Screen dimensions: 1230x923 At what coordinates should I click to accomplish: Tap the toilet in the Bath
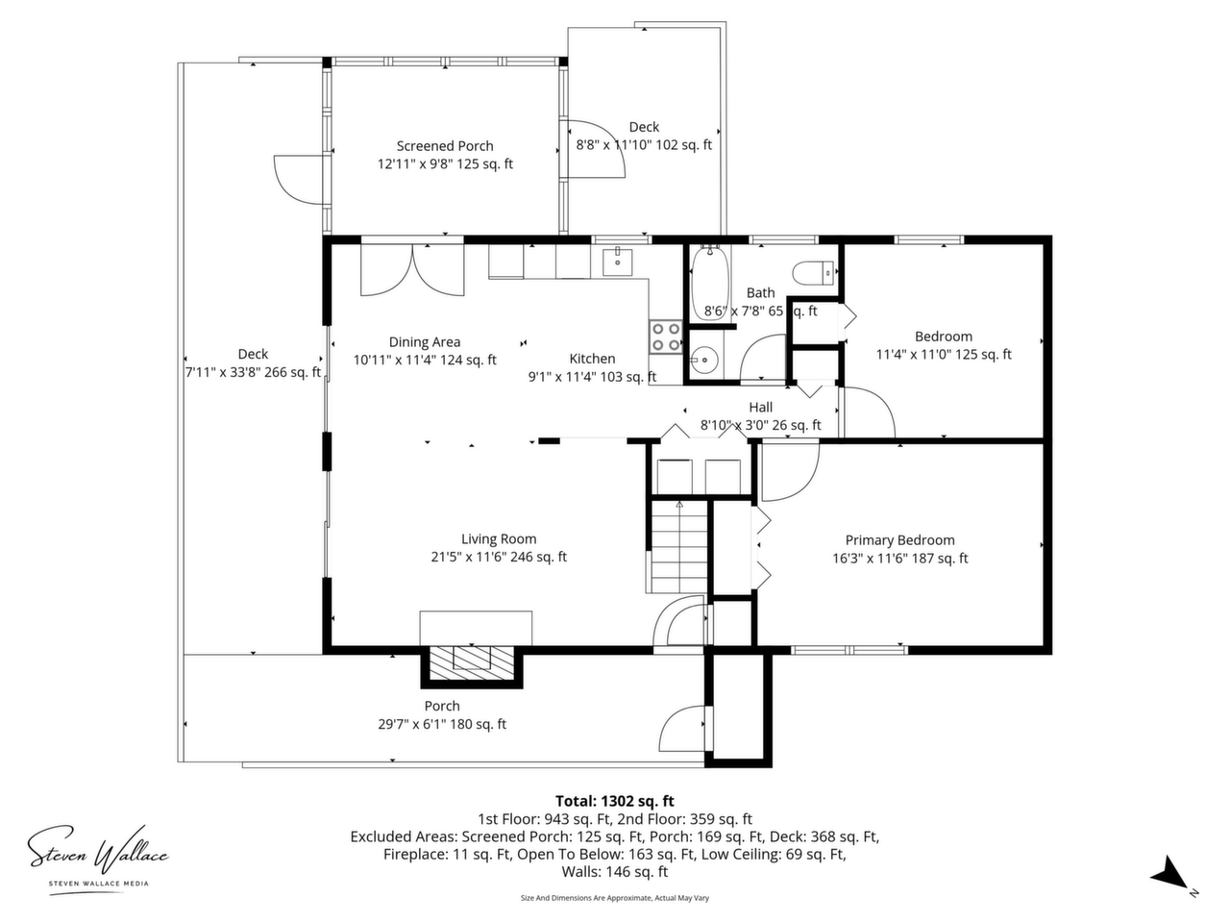pos(813,273)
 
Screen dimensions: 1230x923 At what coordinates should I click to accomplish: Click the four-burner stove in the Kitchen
pos(666,337)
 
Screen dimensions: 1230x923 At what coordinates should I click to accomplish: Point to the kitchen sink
pos(617,262)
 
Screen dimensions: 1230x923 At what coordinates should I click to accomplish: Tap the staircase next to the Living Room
pos(679,546)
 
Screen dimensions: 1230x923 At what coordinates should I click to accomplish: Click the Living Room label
pos(499,538)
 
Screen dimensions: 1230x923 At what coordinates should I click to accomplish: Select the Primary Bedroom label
pos(900,540)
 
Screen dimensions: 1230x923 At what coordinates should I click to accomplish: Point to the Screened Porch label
pos(445,146)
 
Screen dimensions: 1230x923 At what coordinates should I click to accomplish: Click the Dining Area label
pos(425,342)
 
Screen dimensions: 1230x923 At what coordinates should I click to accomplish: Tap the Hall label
pos(760,407)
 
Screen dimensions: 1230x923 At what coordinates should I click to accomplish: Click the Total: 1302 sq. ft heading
pos(615,801)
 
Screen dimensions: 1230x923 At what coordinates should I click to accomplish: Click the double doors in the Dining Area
pos(412,270)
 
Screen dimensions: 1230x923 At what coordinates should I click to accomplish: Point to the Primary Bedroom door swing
pos(790,472)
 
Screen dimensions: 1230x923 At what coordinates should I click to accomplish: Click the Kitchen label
pos(592,359)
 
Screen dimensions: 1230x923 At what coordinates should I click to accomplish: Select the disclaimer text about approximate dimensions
pos(615,898)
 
